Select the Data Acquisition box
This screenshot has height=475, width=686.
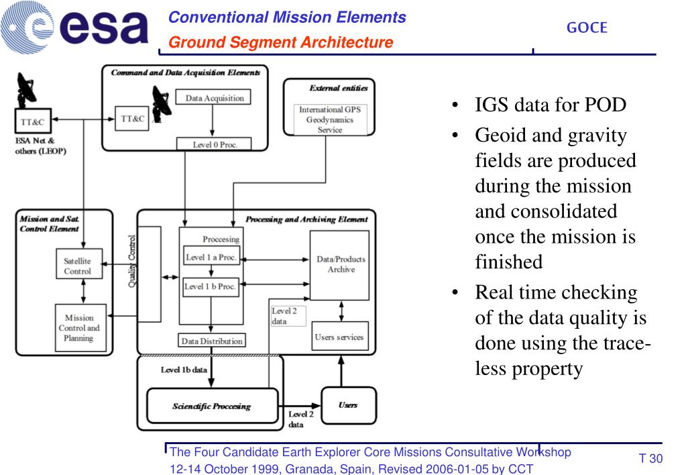pyautogui.click(x=213, y=98)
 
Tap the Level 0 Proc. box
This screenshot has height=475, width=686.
pyautogui.click(x=213, y=144)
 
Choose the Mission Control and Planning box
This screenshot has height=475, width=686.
pyautogui.click(x=78, y=327)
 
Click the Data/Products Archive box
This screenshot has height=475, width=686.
pyautogui.click(x=339, y=265)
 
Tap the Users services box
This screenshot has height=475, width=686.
pyautogui.click(x=339, y=337)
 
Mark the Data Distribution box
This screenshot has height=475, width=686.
pyautogui.click(x=212, y=341)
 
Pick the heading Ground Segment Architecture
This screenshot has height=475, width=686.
pyautogui.click(x=280, y=43)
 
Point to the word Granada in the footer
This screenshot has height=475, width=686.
pyautogui.click(x=317, y=468)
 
